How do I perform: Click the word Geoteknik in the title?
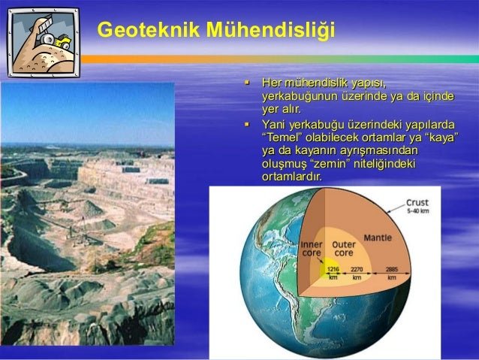point(149,29)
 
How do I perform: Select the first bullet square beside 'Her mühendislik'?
point(247,82)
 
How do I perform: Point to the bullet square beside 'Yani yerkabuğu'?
point(247,124)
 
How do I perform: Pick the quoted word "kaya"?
point(441,138)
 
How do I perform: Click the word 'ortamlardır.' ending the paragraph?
point(292,177)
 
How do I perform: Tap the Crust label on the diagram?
point(417,203)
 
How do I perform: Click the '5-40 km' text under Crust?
point(418,211)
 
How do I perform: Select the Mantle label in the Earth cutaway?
point(378,237)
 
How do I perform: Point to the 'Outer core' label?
point(344,249)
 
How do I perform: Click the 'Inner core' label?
point(312,249)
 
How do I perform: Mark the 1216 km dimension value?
point(333,273)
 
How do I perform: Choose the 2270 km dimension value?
point(357,273)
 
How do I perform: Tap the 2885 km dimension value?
point(392,273)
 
